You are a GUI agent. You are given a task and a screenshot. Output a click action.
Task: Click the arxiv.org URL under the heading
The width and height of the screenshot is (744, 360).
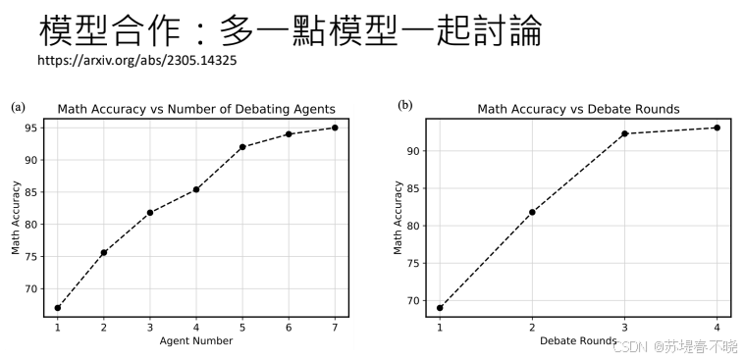pyautogui.click(x=136, y=61)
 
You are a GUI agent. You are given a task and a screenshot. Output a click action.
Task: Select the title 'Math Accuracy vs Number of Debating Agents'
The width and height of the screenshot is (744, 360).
pyautogui.click(x=196, y=109)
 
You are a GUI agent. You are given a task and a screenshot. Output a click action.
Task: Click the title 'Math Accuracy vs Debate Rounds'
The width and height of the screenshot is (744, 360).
pyautogui.click(x=578, y=109)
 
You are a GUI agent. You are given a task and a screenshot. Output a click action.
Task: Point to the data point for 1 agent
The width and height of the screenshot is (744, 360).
pyautogui.click(x=58, y=308)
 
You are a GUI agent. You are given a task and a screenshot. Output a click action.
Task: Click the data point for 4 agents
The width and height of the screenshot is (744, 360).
pyautogui.click(x=196, y=189)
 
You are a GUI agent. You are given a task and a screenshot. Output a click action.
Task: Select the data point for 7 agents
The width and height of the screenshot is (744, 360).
pyautogui.click(x=335, y=128)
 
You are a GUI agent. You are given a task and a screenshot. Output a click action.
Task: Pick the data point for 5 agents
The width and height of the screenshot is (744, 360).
pyautogui.click(x=242, y=147)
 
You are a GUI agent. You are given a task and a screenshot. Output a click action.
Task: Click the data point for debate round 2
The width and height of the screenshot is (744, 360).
pyautogui.click(x=532, y=212)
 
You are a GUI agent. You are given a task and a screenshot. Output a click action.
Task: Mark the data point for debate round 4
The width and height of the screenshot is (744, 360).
pyautogui.click(x=717, y=128)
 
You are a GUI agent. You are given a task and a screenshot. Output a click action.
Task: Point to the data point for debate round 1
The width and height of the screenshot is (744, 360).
pyautogui.click(x=440, y=308)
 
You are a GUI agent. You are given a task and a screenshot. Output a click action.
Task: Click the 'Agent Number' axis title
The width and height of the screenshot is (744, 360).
pyautogui.click(x=196, y=341)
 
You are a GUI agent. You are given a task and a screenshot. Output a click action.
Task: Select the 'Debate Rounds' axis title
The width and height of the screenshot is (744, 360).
pyautogui.click(x=578, y=341)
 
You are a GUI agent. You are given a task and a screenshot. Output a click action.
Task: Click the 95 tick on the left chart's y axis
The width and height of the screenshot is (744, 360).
pyautogui.click(x=32, y=128)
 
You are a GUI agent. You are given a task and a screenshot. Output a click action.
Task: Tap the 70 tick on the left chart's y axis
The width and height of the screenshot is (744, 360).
pyautogui.click(x=32, y=288)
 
